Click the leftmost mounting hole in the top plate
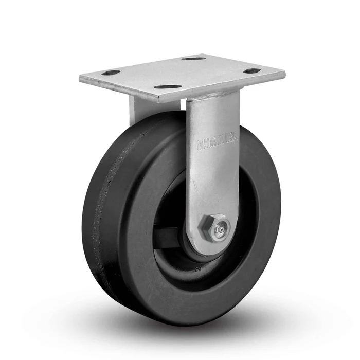click(x=111, y=73)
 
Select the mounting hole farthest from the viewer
click(x=194, y=59)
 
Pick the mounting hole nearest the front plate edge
click(x=168, y=87)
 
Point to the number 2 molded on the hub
click(x=197, y=268)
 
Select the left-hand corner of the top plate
click(x=80, y=80)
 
